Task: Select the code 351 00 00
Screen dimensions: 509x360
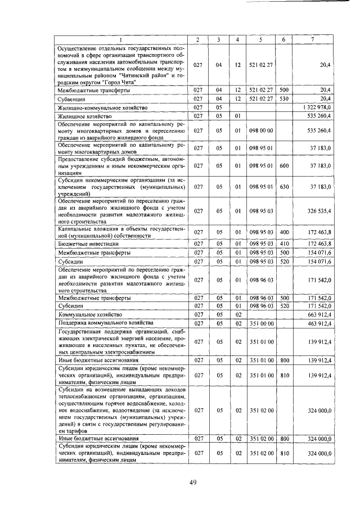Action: tap(260, 323)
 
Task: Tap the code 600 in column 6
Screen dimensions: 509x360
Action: tap(283, 166)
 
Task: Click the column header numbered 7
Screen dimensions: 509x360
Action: tap(312, 38)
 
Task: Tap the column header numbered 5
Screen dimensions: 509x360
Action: tap(260, 38)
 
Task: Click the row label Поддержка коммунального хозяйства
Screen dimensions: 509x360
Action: tap(106, 323)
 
